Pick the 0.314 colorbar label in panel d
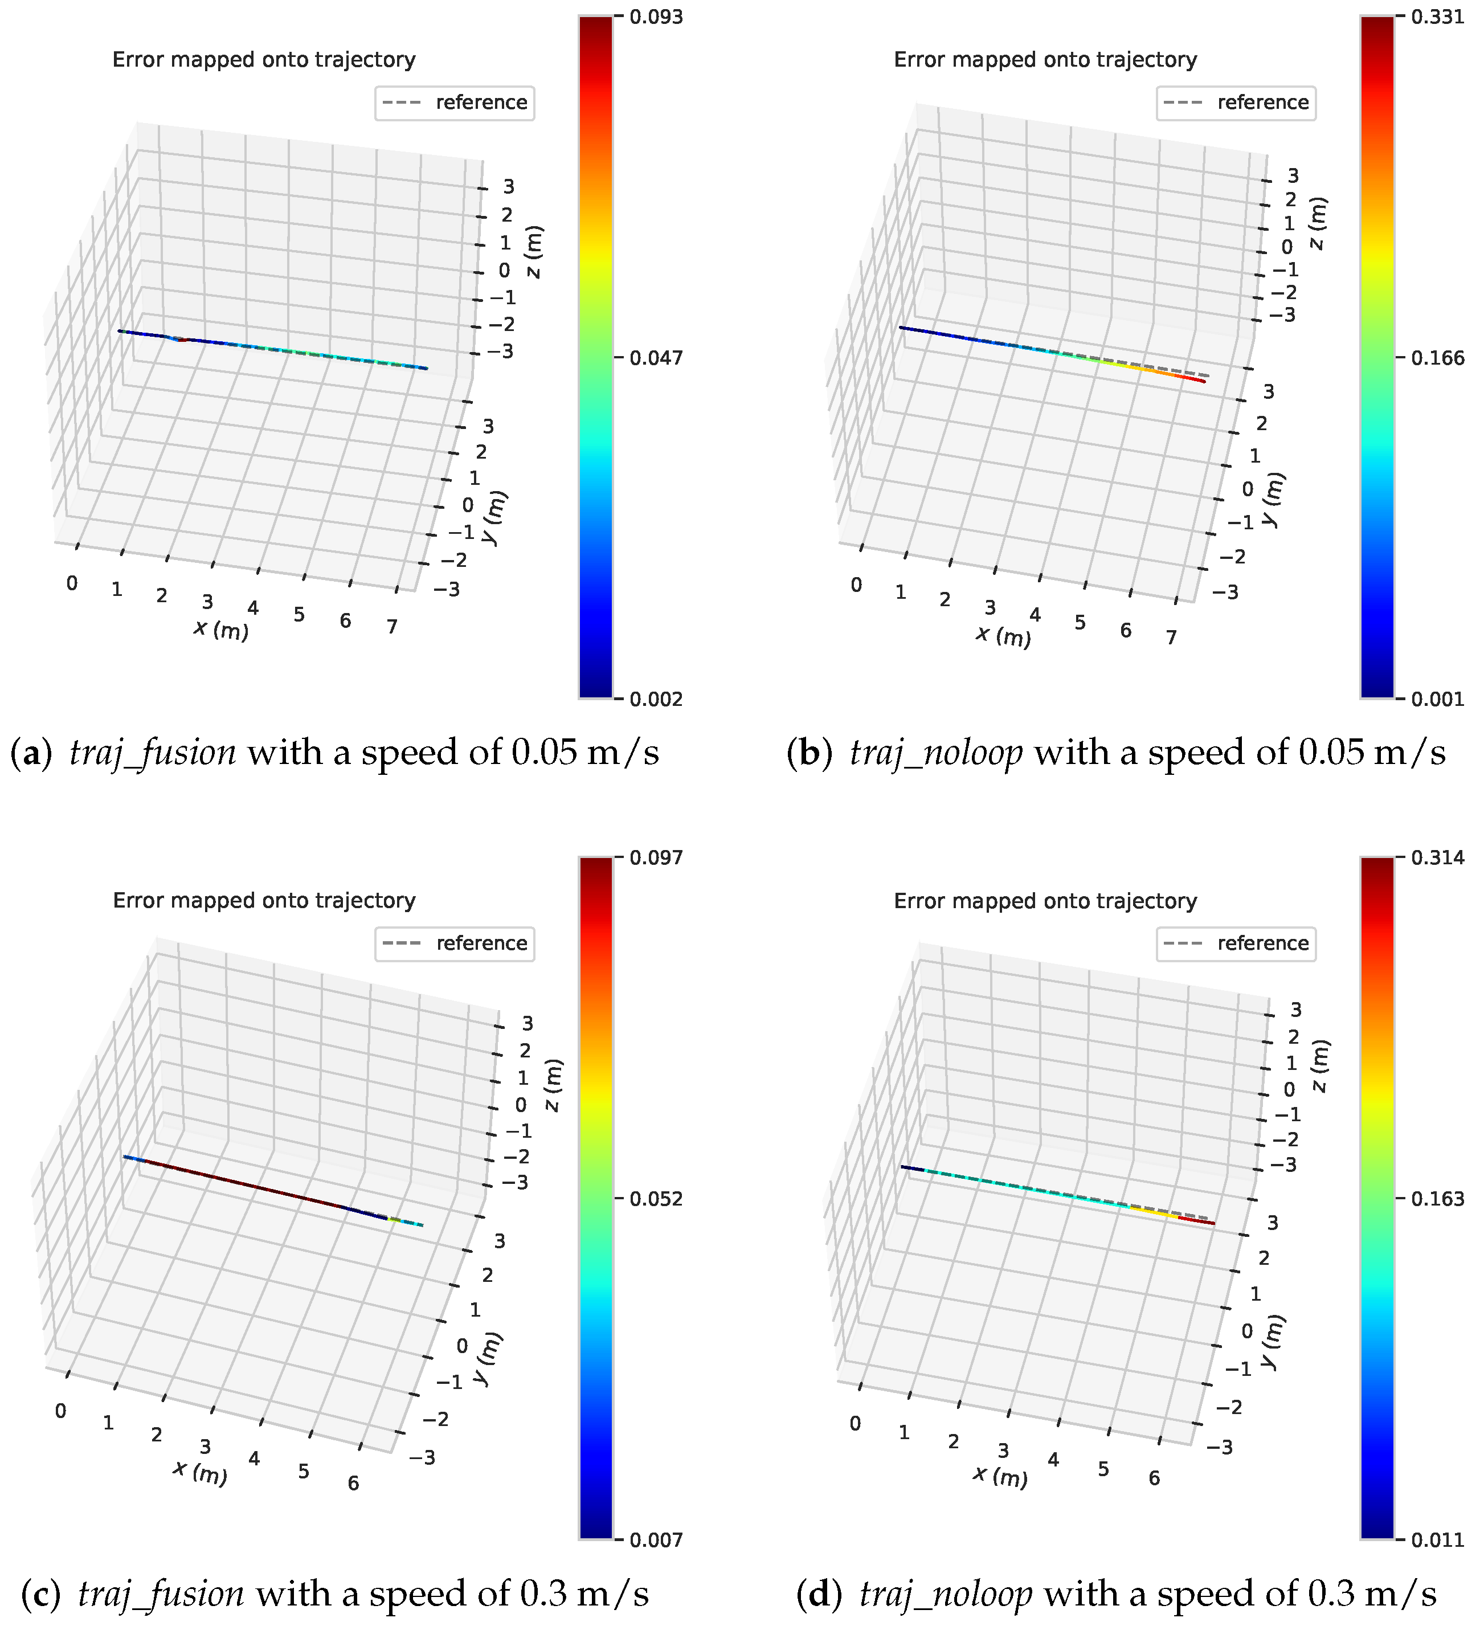coord(1437,858)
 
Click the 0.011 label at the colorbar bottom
coord(1437,1541)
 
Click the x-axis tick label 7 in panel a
coord(392,627)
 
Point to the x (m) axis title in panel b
coord(1003,636)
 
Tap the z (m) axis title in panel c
coord(553,1085)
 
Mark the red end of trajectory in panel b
coord(1201,381)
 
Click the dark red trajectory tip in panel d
coord(1210,1223)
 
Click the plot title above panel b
coord(1045,60)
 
